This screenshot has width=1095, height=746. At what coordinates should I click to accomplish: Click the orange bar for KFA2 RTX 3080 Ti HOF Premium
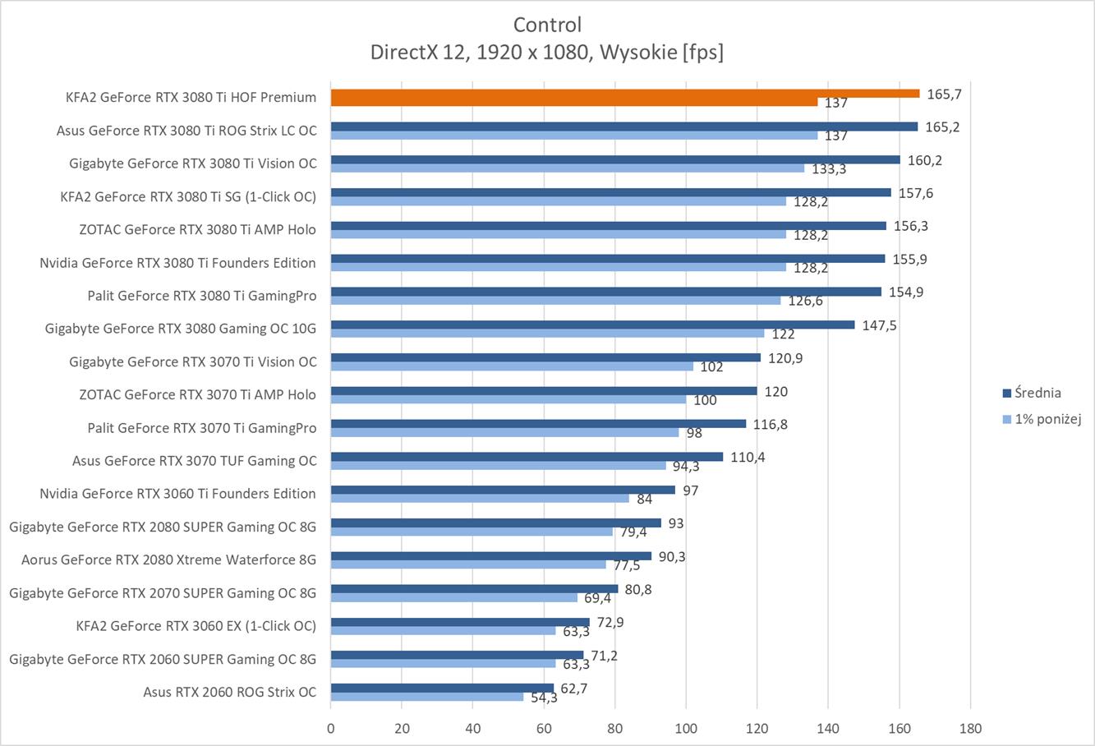pyautogui.click(x=624, y=94)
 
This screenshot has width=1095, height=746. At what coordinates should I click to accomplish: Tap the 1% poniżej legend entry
pyautogui.click(x=1041, y=419)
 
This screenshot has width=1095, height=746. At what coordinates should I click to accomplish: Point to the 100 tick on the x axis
pyautogui.click(x=686, y=728)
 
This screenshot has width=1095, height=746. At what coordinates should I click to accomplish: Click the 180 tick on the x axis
pyautogui.click(x=970, y=728)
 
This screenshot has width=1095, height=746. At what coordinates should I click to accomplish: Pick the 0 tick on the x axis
pyautogui.click(x=330, y=728)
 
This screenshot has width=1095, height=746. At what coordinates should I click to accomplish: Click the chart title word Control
pyautogui.click(x=547, y=25)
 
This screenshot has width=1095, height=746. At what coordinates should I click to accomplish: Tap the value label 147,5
pyautogui.click(x=879, y=325)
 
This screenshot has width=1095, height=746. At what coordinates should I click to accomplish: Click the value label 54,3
pyautogui.click(x=544, y=698)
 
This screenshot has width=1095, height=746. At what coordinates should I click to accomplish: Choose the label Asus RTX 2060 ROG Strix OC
pyautogui.click(x=229, y=692)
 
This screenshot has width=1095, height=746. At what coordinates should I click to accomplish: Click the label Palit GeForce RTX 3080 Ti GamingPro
pyautogui.click(x=202, y=295)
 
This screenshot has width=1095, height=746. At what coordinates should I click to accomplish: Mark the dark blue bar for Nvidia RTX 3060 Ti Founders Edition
pyautogui.click(x=503, y=490)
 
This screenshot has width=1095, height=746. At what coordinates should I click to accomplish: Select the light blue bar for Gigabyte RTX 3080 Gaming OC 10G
pyautogui.click(x=547, y=334)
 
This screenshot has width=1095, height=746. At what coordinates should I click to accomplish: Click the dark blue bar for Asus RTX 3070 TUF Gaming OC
pyautogui.click(x=527, y=457)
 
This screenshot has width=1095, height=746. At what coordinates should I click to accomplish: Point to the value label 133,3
pyautogui.click(x=829, y=169)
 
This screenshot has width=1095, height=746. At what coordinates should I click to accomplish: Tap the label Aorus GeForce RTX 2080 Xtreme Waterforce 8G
pyautogui.click(x=168, y=559)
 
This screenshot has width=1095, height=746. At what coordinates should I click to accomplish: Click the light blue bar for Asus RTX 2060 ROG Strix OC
pyautogui.click(x=427, y=697)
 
